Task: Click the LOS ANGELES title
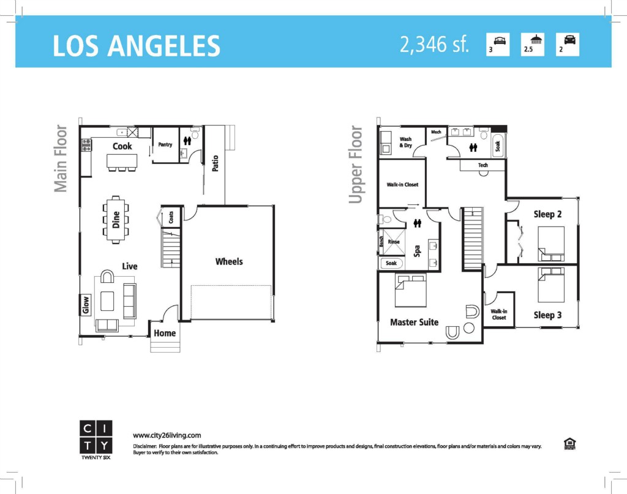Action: coord(137,45)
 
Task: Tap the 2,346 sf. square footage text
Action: coord(434,44)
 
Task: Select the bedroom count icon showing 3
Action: coord(498,44)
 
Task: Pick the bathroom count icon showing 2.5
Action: coord(533,44)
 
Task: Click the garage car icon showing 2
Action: coord(568,44)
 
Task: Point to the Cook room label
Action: coord(122,146)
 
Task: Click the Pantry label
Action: coord(165,144)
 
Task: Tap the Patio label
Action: coord(215,163)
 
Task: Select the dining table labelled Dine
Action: coord(116,219)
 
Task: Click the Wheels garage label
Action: coord(229,262)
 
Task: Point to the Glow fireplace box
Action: coord(86,305)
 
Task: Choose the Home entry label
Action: coord(165,334)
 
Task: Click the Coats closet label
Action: coord(171,217)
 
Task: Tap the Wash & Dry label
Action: coord(405,142)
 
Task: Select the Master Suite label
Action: coord(415,322)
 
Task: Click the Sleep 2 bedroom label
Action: coord(547,214)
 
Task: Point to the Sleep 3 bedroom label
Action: coord(547,315)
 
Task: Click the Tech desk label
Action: coord(483,165)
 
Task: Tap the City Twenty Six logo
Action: coord(96,440)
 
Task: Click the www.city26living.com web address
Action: coord(167,436)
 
